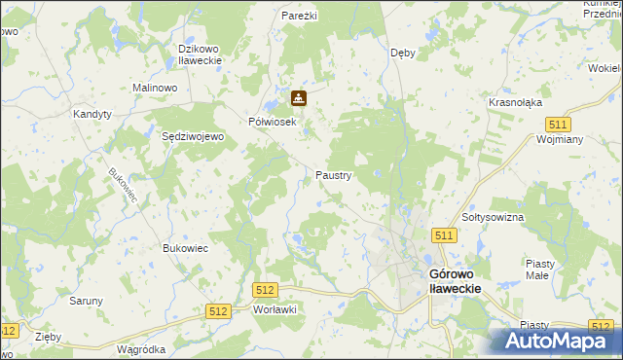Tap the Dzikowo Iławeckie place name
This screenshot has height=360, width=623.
(x=201, y=54)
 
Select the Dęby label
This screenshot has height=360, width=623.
(x=403, y=53)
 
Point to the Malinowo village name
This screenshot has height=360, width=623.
(x=154, y=88)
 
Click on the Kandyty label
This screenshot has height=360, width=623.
(x=92, y=114)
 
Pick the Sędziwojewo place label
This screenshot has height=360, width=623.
(x=193, y=137)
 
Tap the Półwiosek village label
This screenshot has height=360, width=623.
(x=272, y=122)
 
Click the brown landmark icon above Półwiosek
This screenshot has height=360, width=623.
(x=299, y=98)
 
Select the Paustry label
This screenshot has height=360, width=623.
(x=333, y=175)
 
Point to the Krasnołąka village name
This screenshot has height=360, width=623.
(x=516, y=102)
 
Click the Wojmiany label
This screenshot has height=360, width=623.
(x=559, y=139)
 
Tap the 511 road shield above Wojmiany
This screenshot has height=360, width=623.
(x=558, y=125)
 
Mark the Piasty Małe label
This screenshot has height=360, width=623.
(x=540, y=270)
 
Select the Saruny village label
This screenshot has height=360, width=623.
(x=86, y=301)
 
